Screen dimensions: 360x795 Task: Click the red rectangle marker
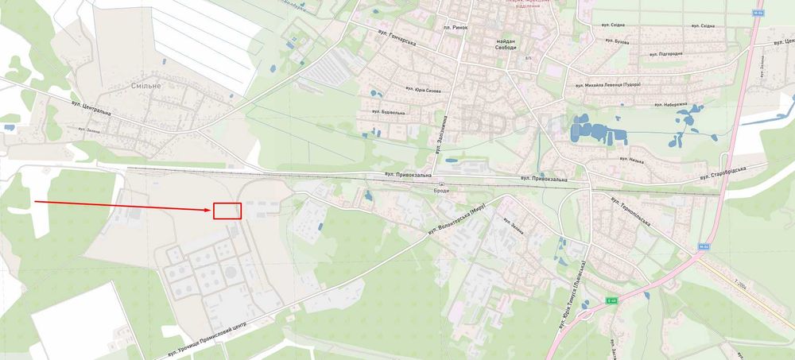pyautogui.click(x=227, y=211)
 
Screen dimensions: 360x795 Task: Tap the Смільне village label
pyautogui.click(x=145, y=84)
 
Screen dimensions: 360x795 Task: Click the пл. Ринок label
pyautogui.click(x=456, y=28)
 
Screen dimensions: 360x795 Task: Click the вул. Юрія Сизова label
pyautogui.click(x=423, y=91)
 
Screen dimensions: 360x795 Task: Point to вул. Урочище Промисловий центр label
pyautogui.click(x=209, y=339)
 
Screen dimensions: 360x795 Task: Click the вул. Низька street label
pyautogui.click(x=632, y=161)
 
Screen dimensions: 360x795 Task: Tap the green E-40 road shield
pyautogui.click(x=611, y=300)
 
